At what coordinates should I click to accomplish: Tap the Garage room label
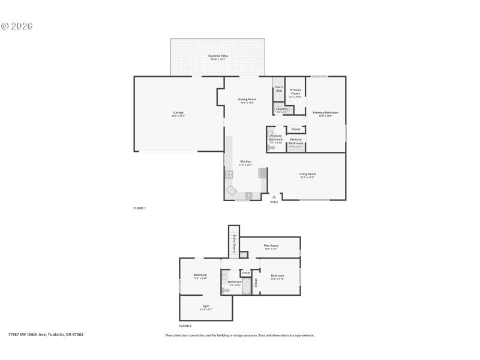[x=178, y=113]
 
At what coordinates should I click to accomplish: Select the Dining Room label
[x=247, y=100]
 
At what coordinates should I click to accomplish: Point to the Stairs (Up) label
[x=278, y=89]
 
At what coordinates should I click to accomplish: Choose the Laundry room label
[x=281, y=110]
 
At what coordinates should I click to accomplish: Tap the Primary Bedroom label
[x=325, y=113]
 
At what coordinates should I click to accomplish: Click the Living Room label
[x=307, y=175]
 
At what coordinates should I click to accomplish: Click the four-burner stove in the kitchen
[x=229, y=175]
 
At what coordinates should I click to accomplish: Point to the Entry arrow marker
[x=274, y=197]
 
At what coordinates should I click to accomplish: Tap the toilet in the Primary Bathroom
[x=272, y=146]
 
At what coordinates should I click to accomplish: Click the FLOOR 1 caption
[x=139, y=208]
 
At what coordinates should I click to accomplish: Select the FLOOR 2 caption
[x=185, y=325]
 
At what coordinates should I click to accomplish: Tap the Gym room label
[x=206, y=307]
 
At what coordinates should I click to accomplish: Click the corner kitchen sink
[x=232, y=190]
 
